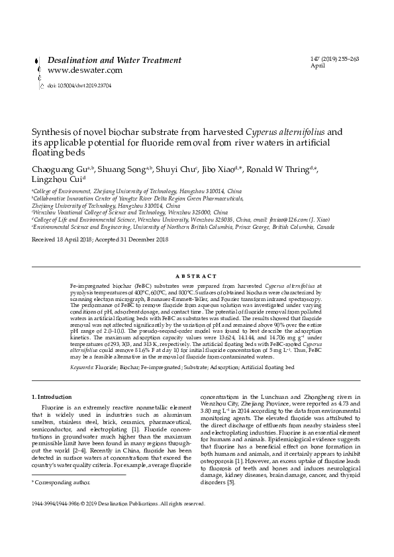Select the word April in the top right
coord(317,66)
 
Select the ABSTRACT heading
coord(197,276)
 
